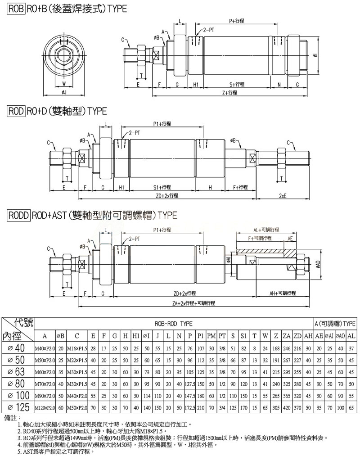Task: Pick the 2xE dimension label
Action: coord(283,195)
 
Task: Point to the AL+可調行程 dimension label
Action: coord(266,230)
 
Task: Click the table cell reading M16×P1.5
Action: coord(77,348)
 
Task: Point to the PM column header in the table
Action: coord(211,336)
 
